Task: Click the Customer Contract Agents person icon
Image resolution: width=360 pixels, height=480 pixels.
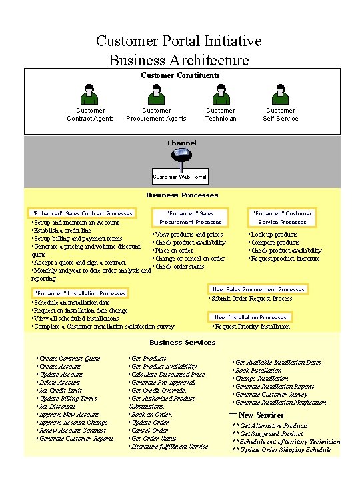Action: (90, 95)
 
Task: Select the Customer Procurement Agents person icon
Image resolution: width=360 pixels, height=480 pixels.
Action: (156, 95)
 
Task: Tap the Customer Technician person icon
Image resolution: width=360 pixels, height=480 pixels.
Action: (220, 95)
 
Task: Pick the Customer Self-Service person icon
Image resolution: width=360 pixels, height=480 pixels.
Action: (280, 95)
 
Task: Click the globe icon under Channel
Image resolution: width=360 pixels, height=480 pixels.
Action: (181, 155)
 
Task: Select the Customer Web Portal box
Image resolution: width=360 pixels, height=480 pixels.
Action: (180, 177)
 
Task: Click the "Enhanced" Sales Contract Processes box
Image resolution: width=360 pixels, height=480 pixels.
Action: (82, 213)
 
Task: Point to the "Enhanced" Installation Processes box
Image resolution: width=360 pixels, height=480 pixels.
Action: (79, 293)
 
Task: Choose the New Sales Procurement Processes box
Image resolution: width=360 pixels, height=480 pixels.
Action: (258, 289)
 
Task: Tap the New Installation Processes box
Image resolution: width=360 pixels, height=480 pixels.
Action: (250, 317)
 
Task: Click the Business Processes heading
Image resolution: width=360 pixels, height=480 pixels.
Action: (182, 195)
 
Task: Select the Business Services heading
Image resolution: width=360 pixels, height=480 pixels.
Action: (182, 342)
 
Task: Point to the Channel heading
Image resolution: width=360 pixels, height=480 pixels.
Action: (181, 143)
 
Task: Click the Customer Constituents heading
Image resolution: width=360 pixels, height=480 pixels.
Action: (180, 75)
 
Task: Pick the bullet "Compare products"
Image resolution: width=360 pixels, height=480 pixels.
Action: (275, 243)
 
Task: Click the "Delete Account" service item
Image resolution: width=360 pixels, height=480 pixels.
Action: (59, 383)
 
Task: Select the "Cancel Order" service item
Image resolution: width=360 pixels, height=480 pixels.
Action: (149, 431)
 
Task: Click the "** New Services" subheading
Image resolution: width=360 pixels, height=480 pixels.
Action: (256, 415)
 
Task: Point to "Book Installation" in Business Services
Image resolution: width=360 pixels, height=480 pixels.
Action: (258, 371)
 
